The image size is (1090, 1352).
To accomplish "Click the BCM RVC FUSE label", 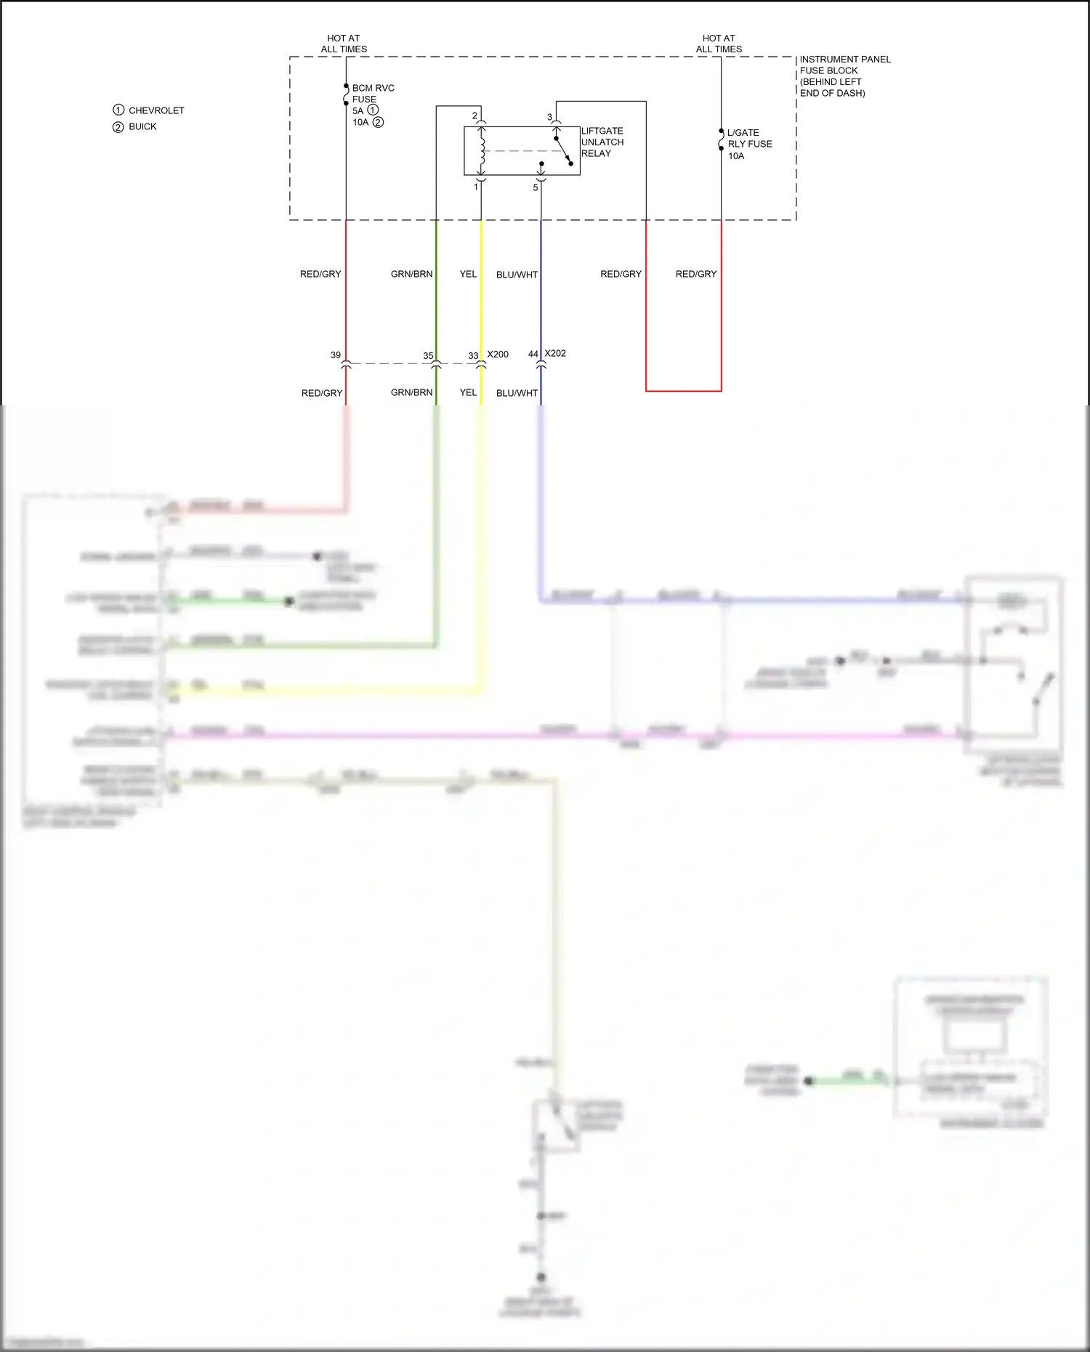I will coord(373,94).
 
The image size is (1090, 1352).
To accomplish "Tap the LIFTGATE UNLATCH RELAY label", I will coord(602,142).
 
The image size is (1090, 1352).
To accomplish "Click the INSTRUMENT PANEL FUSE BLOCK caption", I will coord(844,76).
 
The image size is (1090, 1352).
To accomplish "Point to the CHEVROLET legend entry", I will coord(156,110).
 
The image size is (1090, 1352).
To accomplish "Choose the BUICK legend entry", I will coord(142,126).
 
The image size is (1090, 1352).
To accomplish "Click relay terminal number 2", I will coord(475,116).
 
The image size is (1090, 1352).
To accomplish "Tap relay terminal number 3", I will coord(549,117).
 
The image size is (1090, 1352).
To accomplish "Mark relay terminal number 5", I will coord(536,187).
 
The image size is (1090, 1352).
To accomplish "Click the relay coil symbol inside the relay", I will coord(482,150).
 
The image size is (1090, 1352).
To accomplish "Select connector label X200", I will coord(498,355).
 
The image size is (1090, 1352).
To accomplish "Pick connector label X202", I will coord(555,354).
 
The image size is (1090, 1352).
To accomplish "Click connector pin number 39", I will coord(335,355).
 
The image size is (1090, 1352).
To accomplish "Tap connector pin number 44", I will coord(533,355).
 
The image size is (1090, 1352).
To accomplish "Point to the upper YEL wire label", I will coord(468,274).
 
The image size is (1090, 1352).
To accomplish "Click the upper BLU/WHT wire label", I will coord(517,275).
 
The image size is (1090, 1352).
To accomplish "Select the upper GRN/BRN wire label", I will coord(411,274).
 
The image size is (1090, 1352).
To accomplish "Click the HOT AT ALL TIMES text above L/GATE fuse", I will coord(719,44).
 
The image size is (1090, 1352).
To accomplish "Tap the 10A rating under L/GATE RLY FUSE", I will coord(736,156).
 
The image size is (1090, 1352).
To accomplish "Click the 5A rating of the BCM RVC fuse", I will coord(358,111).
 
